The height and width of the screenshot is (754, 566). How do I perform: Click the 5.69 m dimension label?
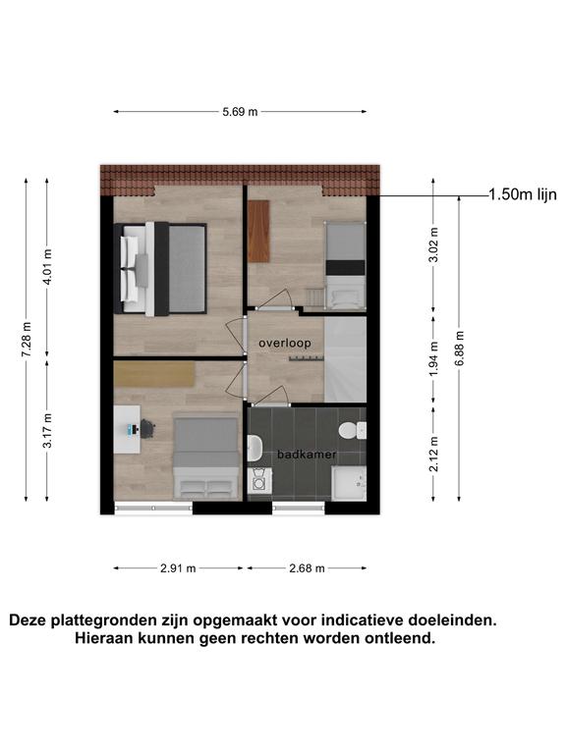coord(240,112)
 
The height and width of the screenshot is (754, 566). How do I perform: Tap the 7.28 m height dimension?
coord(27,340)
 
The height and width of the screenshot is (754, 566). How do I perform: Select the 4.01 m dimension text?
coord(47,267)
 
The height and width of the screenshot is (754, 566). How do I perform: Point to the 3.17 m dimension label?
coord(47,430)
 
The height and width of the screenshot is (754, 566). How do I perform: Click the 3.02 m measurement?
coord(433,244)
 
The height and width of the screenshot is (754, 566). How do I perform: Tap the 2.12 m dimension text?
coord(433,454)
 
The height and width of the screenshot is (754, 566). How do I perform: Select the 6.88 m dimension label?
coord(459,349)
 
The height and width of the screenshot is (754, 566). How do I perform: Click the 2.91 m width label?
coord(178,568)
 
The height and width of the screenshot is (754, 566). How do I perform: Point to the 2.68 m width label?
coord(307,568)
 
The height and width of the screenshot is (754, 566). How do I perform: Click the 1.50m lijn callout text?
coord(523,194)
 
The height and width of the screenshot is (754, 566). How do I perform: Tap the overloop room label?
coord(285,343)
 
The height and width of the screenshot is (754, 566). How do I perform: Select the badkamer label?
coord(307,454)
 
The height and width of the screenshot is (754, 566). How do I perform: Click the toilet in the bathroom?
coord(353,430)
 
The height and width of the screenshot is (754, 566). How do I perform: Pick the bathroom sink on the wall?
coord(255,448)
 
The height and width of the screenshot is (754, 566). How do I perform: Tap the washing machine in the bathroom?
coord(259,480)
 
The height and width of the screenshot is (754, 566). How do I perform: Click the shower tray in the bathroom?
coord(349,483)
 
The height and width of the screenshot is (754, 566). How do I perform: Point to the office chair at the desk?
coord(146,428)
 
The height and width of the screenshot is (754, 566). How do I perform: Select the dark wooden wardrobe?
coord(258,231)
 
